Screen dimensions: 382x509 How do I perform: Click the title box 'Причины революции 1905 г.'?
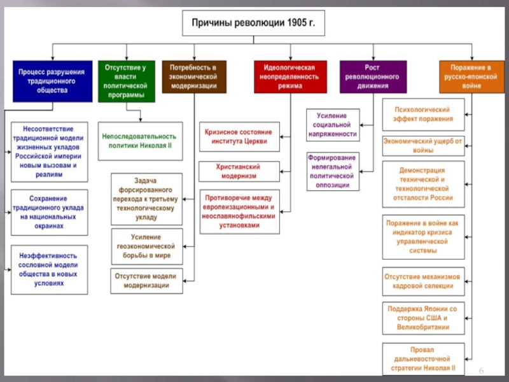(x=254, y=25)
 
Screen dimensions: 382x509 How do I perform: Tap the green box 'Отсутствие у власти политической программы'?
(x=127, y=81)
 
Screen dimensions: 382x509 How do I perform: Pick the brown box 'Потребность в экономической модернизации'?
(x=193, y=77)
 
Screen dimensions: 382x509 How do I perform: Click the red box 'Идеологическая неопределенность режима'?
(x=290, y=76)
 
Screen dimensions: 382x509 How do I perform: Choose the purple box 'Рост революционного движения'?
(x=372, y=76)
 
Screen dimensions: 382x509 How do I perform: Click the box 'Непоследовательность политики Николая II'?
(x=139, y=141)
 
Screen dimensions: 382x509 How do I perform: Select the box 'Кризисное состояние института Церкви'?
(x=241, y=136)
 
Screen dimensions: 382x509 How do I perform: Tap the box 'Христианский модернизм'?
(x=241, y=171)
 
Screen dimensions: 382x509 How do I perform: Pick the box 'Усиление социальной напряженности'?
(x=333, y=125)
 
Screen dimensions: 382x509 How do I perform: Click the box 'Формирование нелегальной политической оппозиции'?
(x=333, y=171)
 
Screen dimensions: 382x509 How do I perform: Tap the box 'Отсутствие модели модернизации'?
(x=146, y=281)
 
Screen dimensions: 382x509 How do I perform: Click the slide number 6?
(x=482, y=371)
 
